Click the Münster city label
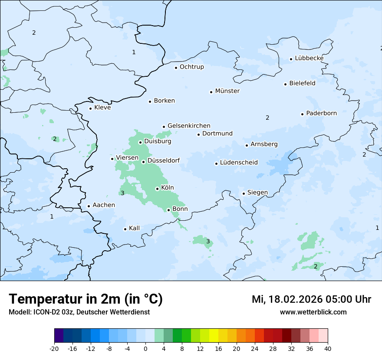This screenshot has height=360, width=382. click(227, 91)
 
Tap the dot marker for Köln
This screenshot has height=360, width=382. click(157, 189)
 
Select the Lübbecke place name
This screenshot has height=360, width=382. click(309, 58)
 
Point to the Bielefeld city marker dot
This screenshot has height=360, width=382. click(286, 84)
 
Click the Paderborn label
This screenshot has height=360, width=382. click(321, 113)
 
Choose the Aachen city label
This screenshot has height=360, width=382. click(104, 205)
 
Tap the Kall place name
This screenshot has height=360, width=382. click(134, 228)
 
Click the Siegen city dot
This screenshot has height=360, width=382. click(244, 193)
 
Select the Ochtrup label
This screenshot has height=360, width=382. click(191, 67)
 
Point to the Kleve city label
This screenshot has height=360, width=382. click(102, 108)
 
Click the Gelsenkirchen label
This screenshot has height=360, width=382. click(189, 126)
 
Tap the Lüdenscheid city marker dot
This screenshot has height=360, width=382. click(216, 164)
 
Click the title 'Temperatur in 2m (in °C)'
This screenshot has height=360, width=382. click(86, 299)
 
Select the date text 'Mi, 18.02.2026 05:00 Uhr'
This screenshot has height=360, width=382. click(311, 299)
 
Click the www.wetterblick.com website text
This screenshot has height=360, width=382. click(313, 312)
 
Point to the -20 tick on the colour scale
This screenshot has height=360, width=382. click(54, 348)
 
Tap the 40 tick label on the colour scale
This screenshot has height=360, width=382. click(327, 348)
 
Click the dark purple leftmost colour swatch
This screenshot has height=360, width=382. click(59, 336)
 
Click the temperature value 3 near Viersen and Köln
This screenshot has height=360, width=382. click(122, 193)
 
